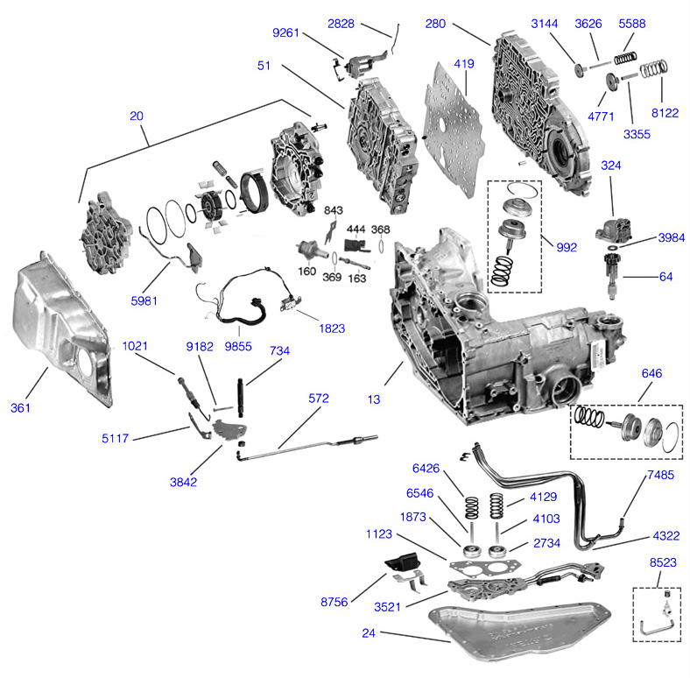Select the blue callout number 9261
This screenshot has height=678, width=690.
286,33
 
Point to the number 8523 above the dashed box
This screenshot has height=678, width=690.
662,564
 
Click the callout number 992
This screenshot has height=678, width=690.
566,247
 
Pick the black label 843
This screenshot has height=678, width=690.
334,210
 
